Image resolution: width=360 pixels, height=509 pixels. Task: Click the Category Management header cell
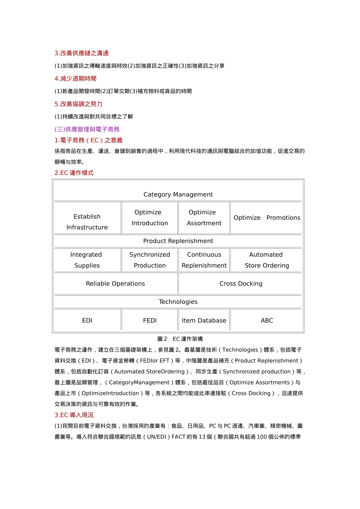[x=178, y=194]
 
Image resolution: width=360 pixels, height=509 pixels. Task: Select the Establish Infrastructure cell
[x=87, y=222]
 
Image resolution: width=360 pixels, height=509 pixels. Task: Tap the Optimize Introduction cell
[x=150, y=218]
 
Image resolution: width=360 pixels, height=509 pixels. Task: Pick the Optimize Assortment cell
[x=204, y=218]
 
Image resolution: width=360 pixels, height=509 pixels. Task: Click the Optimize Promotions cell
[x=267, y=218]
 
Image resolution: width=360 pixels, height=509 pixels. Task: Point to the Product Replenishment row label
[x=178, y=241]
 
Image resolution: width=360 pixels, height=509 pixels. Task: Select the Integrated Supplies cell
[x=87, y=260]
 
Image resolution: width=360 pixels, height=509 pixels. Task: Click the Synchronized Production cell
[x=150, y=260]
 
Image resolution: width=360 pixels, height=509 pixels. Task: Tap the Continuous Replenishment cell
[x=204, y=260]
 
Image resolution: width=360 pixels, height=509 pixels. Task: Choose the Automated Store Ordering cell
[x=267, y=260]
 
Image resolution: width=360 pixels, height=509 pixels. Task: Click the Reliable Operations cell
[x=115, y=284]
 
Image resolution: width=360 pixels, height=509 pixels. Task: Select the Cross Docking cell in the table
[x=241, y=284]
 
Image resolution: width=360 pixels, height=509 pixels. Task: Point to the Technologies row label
[x=178, y=302]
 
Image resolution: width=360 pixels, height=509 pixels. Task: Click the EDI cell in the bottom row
[x=87, y=320]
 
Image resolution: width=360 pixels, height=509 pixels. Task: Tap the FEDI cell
[x=150, y=320]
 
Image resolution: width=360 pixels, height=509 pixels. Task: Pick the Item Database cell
[x=204, y=320]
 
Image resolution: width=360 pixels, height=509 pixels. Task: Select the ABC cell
[x=267, y=320]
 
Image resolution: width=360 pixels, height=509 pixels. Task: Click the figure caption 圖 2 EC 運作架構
[x=180, y=339]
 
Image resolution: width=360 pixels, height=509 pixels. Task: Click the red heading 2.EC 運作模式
[x=74, y=173]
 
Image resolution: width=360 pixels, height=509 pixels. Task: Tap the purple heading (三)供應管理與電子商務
[x=87, y=129]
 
